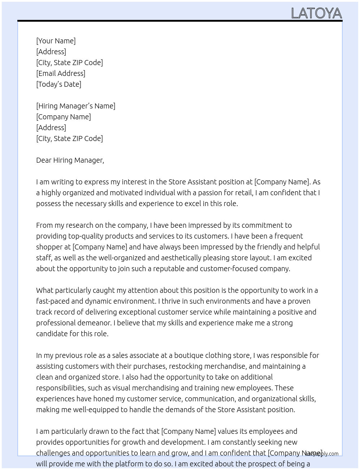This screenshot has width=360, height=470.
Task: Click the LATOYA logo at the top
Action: pos(316,13)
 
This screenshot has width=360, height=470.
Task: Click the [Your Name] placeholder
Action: pos(56,41)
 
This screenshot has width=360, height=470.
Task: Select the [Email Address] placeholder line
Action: pos(61,73)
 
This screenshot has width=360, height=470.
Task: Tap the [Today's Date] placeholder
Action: pos(59,84)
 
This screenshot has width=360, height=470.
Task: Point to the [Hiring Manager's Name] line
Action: pos(76,106)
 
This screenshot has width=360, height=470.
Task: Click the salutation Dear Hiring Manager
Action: pos(70,160)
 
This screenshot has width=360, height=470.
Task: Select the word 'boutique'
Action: pos(190,355)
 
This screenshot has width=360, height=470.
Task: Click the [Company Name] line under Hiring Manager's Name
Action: pos(63,117)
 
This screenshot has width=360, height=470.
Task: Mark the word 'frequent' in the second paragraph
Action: pos(289,236)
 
